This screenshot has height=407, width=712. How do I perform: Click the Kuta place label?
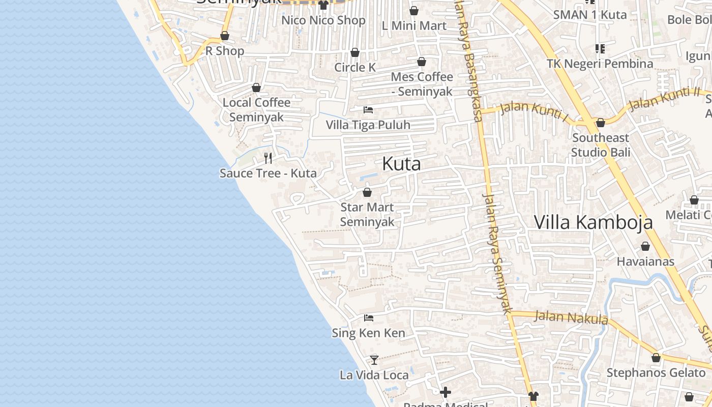[x=401, y=164]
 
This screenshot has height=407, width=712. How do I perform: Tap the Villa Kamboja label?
[x=593, y=222]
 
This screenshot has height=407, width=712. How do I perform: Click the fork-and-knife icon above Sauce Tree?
[x=268, y=158]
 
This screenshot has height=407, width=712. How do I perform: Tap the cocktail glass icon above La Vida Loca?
[x=374, y=360]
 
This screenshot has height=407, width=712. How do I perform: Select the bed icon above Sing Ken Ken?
[x=369, y=318]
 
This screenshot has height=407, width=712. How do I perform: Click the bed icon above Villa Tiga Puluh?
[x=368, y=109]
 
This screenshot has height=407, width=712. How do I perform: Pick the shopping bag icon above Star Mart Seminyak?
[x=367, y=192]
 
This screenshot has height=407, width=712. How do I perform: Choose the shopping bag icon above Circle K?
[x=355, y=52]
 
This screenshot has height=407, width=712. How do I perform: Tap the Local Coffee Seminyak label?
[x=256, y=109]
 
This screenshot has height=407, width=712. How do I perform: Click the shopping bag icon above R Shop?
[x=224, y=36]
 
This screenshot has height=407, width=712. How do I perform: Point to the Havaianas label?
[x=645, y=261]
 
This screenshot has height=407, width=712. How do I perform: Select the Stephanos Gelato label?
[x=656, y=372]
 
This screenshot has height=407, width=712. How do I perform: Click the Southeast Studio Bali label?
[x=601, y=145]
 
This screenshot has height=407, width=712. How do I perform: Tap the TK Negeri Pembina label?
[x=600, y=64]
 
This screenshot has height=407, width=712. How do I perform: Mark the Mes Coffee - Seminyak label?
[x=422, y=84]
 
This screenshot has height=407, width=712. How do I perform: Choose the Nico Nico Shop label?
[x=323, y=20]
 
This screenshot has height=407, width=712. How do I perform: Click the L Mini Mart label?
[x=414, y=25]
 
